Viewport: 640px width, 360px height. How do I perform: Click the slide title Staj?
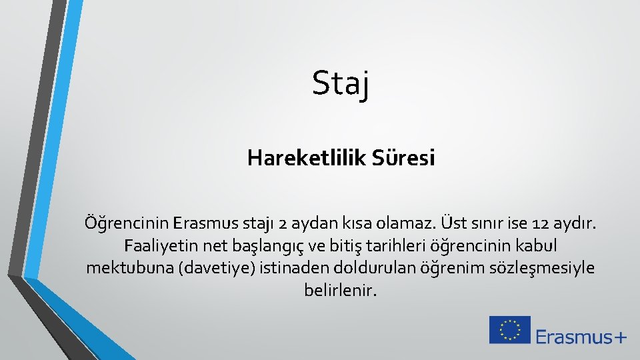point(341,85)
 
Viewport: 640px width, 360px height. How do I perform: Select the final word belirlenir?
point(341,291)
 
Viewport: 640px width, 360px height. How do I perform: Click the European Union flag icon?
point(510,330)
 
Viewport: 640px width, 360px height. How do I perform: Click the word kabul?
point(540,245)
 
